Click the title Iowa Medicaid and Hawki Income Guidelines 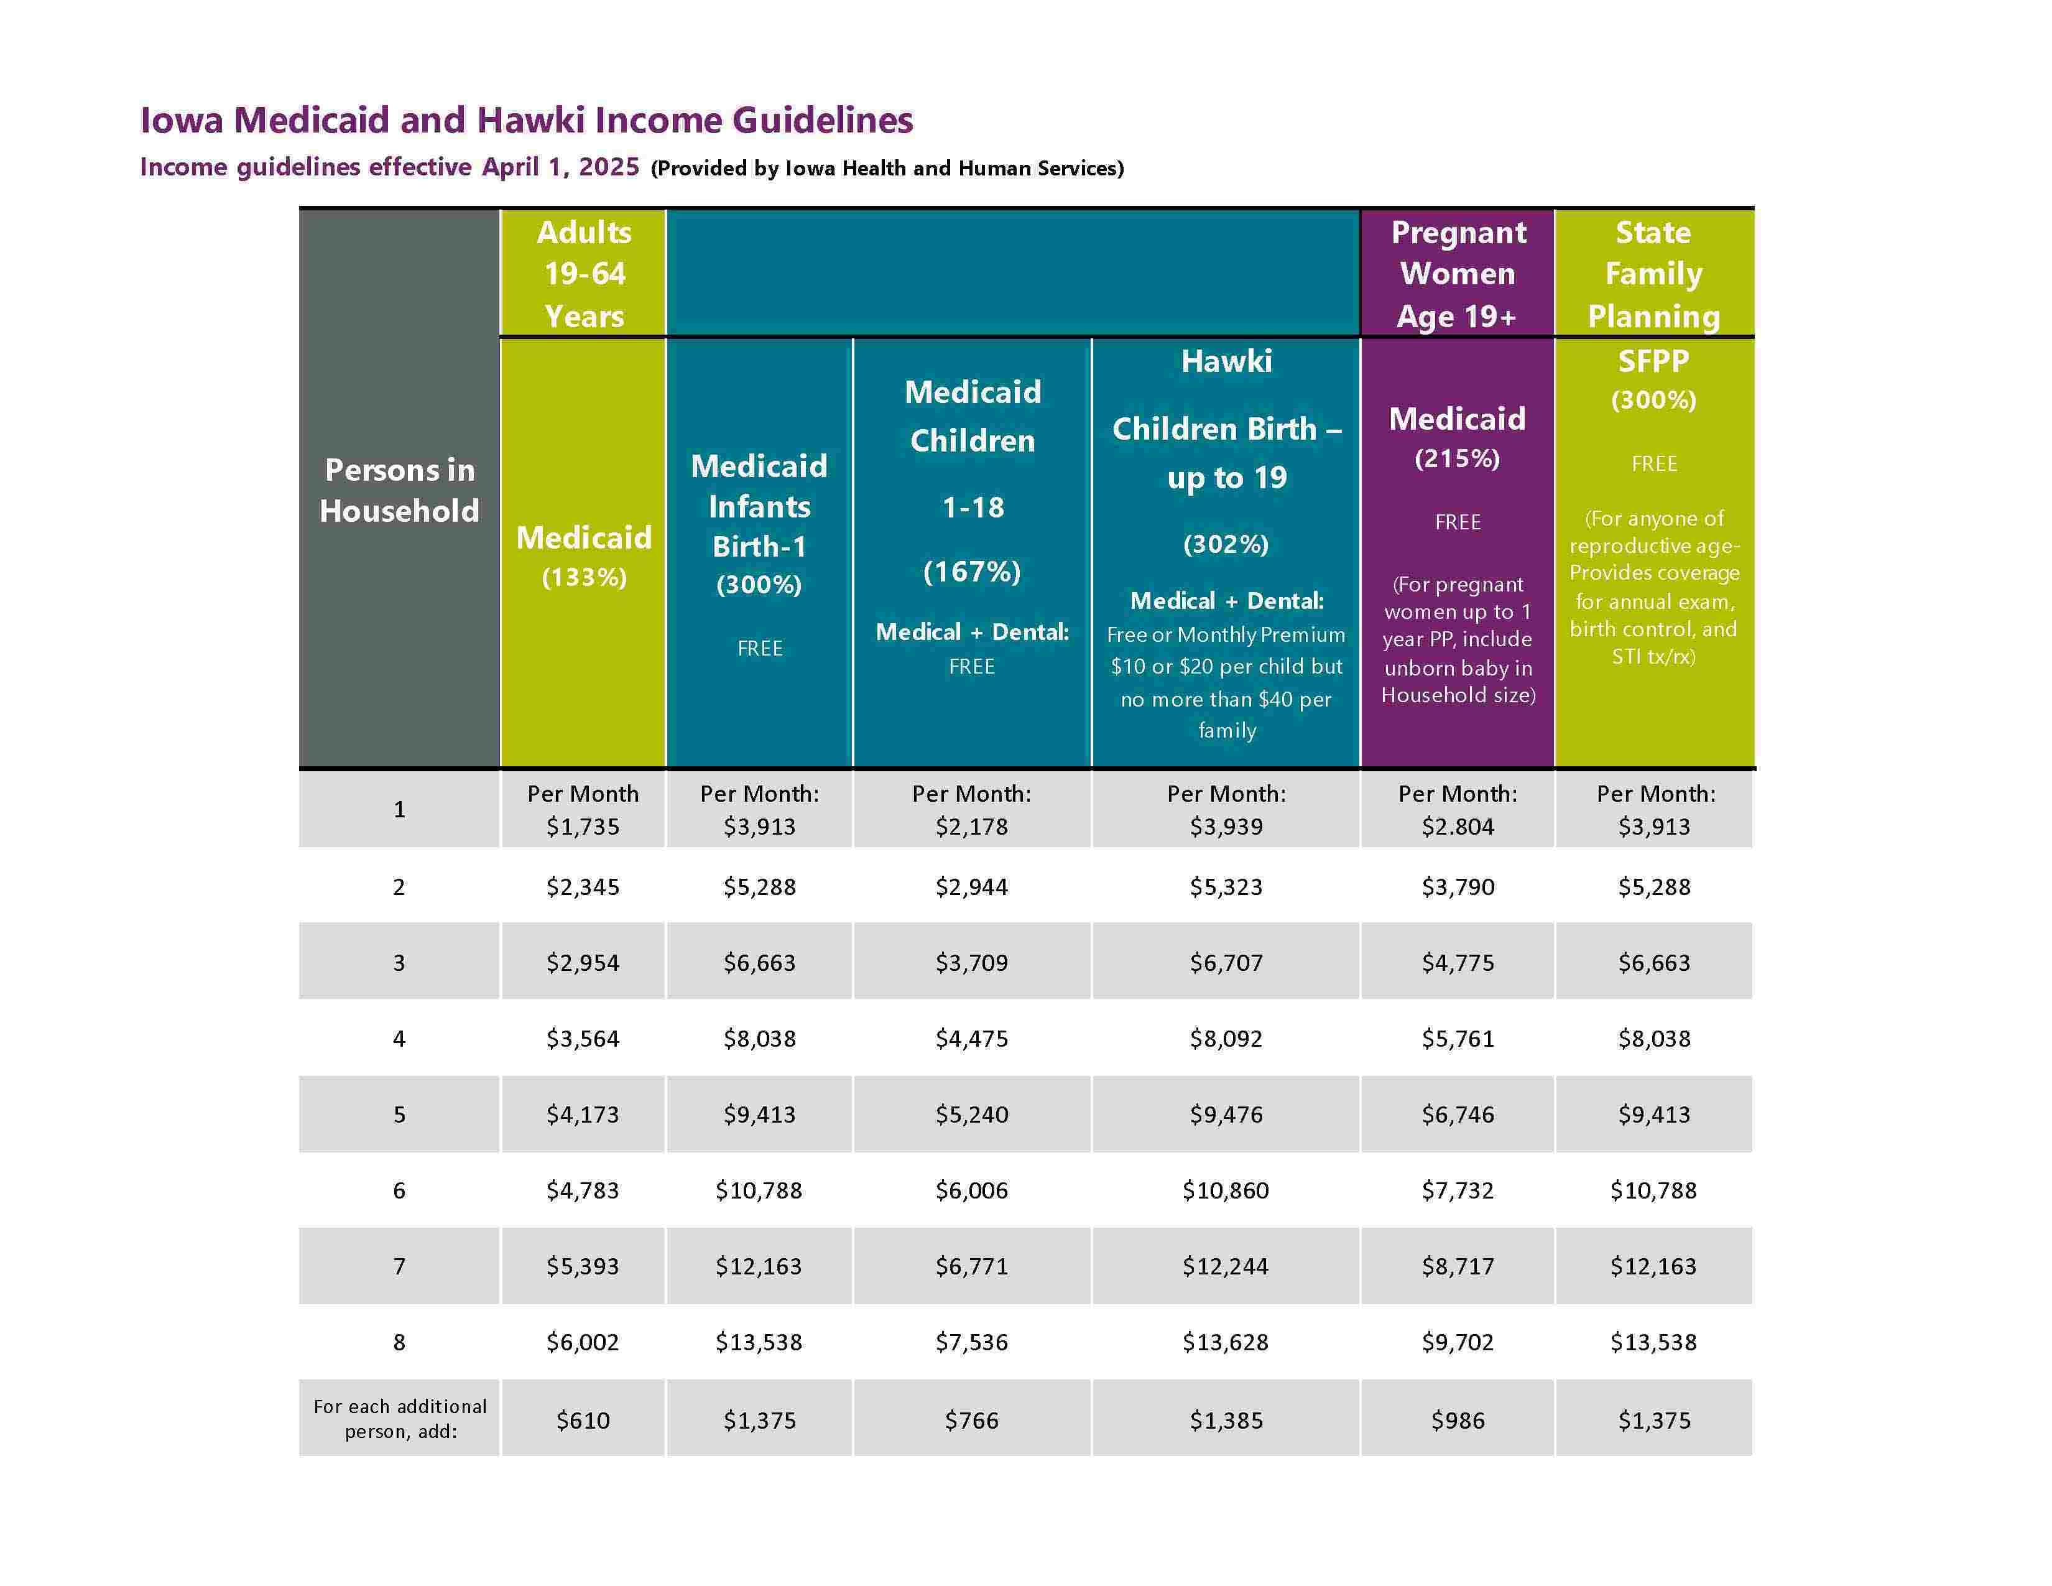(526, 120)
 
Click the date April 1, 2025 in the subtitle (560, 167)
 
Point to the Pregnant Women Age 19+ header (1458, 274)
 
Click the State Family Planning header (1653, 274)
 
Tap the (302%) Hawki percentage (1226, 544)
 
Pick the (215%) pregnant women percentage (1458, 458)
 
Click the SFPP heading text (1653, 361)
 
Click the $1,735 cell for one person (583, 827)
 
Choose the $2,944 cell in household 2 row (971, 887)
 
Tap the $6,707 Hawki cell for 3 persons (1226, 963)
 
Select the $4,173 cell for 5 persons (583, 1115)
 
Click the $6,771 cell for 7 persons (971, 1266)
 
